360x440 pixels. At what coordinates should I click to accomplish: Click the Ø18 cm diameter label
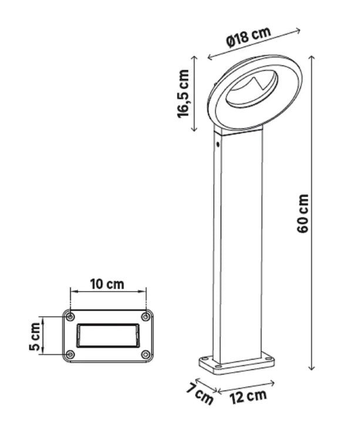(248, 37)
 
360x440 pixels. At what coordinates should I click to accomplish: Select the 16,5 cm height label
(184, 94)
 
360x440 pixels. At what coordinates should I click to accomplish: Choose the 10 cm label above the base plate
(107, 284)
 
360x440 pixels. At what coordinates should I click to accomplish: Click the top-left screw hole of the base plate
(70, 317)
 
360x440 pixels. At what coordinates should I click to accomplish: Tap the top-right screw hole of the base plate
(145, 317)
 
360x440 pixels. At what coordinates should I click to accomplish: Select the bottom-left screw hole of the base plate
(70, 354)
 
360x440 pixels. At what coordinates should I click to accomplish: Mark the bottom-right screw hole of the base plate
(145, 354)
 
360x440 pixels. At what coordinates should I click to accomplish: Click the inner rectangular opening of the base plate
(107, 335)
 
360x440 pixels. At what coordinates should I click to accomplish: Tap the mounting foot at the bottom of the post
(237, 363)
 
